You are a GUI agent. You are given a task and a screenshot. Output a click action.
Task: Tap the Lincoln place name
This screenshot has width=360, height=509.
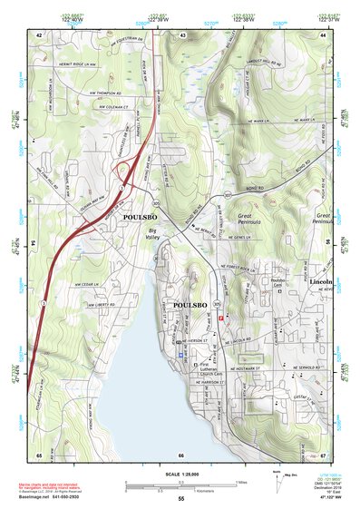click(321, 283)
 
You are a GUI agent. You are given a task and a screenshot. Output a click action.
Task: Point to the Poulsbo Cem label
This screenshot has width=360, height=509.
click(264, 284)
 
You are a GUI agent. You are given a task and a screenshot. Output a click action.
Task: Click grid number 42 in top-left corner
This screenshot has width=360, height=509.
click(39, 34)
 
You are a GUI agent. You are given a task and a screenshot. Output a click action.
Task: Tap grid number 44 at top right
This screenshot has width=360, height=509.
click(323, 34)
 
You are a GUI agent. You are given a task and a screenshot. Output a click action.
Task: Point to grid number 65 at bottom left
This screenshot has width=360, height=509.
click(39, 455)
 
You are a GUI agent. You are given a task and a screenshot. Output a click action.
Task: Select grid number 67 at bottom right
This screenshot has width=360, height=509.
click(323, 455)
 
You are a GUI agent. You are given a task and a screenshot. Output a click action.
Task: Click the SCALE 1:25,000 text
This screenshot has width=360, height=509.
click(180, 473)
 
